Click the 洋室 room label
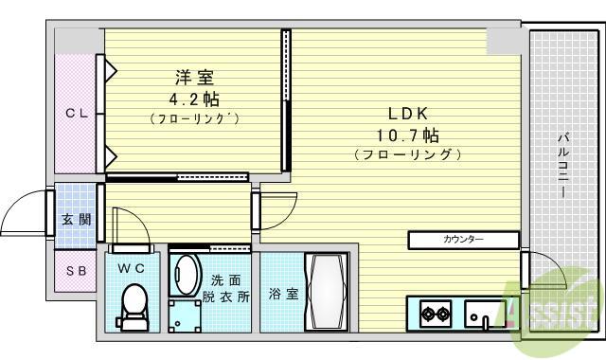(x=194, y=78)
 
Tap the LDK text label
(x=408, y=114)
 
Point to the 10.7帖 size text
(x=408, y=135)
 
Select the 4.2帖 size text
(x=194, y=99)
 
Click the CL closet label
(x=77, y=114)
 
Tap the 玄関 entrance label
(x=77, y=220)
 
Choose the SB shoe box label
(x=76, y=271)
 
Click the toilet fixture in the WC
(x=134, y=307)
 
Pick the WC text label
(x=132, y=268)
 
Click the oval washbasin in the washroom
(x=187, y=276)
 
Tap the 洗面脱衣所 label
(x=226, y=288)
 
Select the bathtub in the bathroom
(x=327, y=292)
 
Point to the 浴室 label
(x=284, y=294)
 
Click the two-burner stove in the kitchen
(x=436, y=314)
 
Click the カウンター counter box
(x=463, y=240)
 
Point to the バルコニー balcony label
(x=563, y=165)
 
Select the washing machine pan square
(x=185, y=315)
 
